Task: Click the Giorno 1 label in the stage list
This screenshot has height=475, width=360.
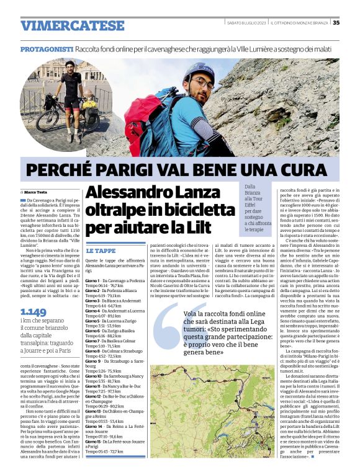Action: point(92,280)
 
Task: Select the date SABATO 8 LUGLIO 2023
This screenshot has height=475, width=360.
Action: point(248,24)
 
